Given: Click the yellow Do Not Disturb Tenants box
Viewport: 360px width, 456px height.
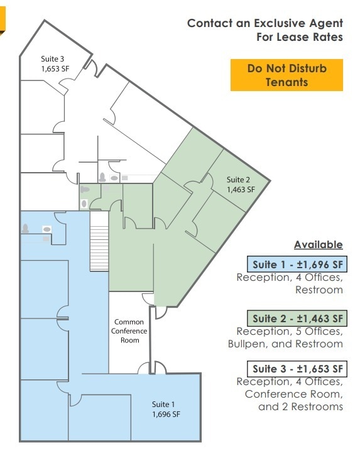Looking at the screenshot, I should pyautogui.click(x=286, y=75).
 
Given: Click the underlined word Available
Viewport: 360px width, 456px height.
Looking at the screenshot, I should pyautogui.click(x=318, y=244).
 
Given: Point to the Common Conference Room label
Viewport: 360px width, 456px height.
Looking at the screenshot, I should pyautogui.click(x=129, y=331).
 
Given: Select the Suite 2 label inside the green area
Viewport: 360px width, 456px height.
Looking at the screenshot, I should pyautogui.click(x=241, y=180).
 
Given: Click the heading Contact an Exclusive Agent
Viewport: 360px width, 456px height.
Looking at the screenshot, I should pyautogui.click(x=265, y=23).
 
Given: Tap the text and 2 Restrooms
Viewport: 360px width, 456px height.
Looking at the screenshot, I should pyautogui.click(x=301, y=406).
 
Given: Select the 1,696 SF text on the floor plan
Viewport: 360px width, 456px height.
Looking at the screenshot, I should pyautogui.click(x=166, y=414).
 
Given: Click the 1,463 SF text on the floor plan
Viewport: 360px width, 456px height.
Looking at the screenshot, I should pyautogui.click(x=241, y=189).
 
